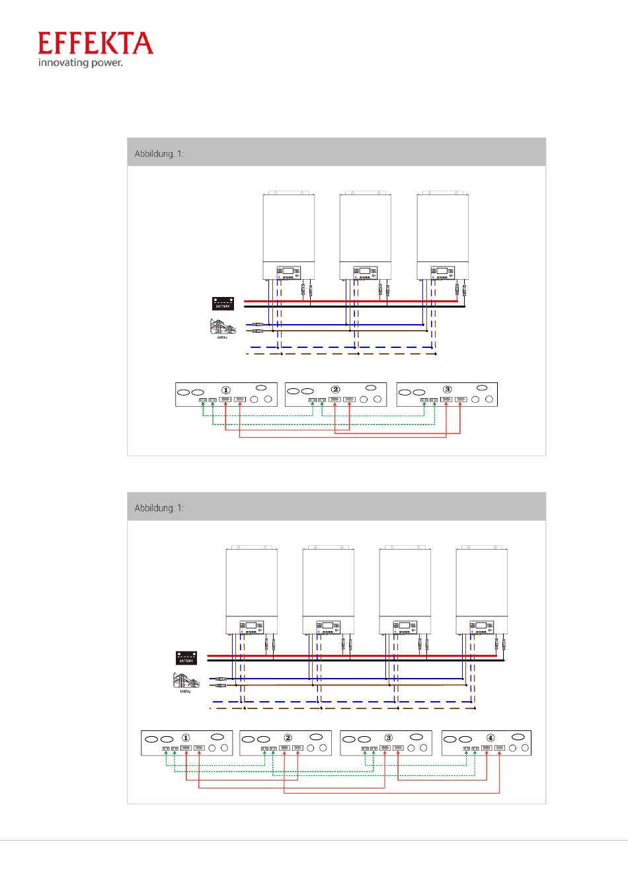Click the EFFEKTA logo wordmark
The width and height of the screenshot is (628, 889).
[96, 43]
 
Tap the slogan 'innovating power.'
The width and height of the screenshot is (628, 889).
[80, 63]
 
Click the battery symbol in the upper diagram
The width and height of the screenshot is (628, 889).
[223, 304]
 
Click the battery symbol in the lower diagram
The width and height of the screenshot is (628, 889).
[186, 658]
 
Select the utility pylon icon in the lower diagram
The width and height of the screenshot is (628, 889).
[185, 681]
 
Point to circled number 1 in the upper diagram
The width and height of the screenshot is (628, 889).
[226, 390]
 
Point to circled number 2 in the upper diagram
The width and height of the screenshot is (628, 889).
[335, 390]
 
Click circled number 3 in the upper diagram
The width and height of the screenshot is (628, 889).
[448, 390]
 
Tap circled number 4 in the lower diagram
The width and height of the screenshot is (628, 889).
[490, 738]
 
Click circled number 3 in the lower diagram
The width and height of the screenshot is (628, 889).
[388, 738]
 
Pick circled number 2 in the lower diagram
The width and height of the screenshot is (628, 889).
[288, 738]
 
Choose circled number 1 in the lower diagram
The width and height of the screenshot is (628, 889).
[186, 738]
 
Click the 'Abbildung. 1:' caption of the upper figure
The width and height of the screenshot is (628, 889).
[159, 153]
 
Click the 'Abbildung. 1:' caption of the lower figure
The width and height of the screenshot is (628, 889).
[159, 508]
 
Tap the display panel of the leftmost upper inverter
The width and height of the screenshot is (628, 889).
[288, 271]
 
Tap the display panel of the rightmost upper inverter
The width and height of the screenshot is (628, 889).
[442, 271]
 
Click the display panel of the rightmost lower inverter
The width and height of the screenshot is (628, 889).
[481, 626]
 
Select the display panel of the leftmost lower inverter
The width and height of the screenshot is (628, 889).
[251, 626]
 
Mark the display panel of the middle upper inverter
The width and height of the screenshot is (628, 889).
[365, 271]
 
